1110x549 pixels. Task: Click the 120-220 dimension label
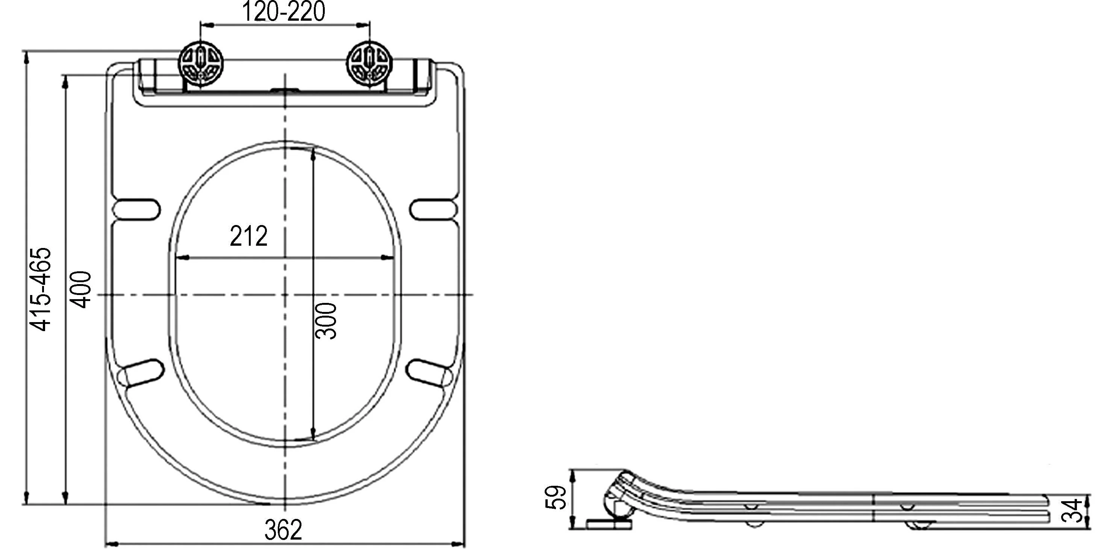pyautogui.click(x=283, y=12)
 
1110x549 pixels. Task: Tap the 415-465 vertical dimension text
pyautogui.click(x=41, y=289)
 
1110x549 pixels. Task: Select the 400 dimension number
pyautogui.click(x=81, y=289)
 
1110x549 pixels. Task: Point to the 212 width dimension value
pyautogui.click(x=248, y=236)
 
